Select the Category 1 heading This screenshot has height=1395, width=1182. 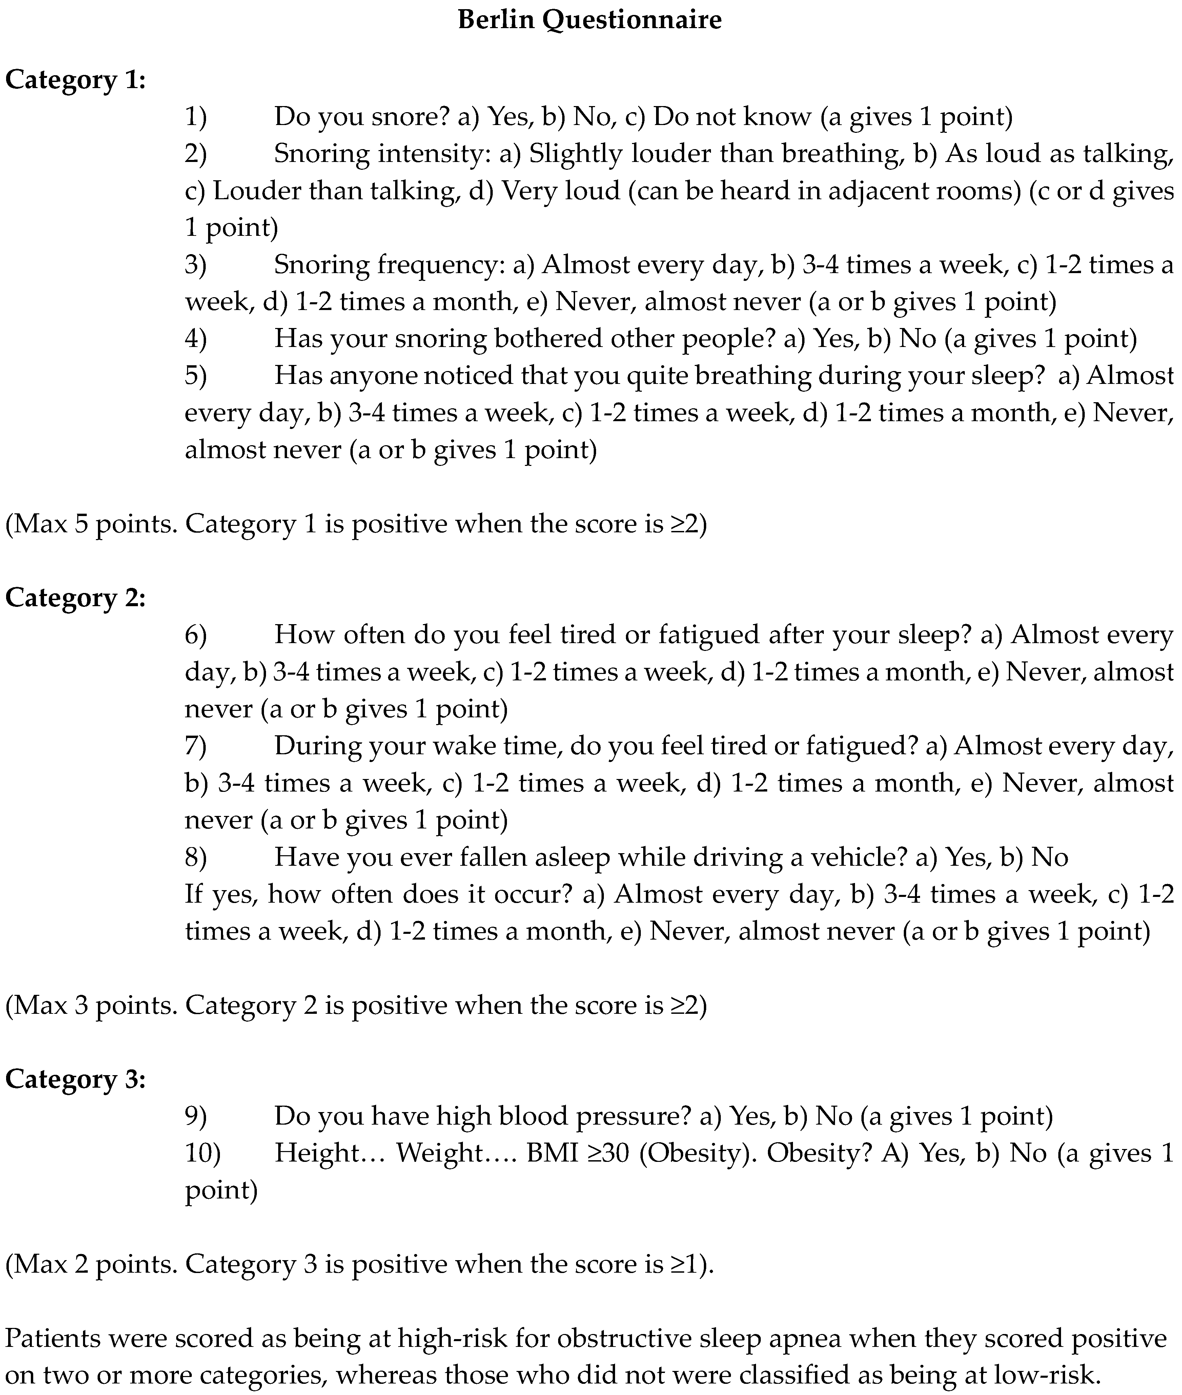75,80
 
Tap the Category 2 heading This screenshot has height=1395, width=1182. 75,598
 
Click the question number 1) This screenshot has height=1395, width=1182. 196,117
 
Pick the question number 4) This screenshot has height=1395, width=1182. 196,339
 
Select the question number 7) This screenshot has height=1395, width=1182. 196,746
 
